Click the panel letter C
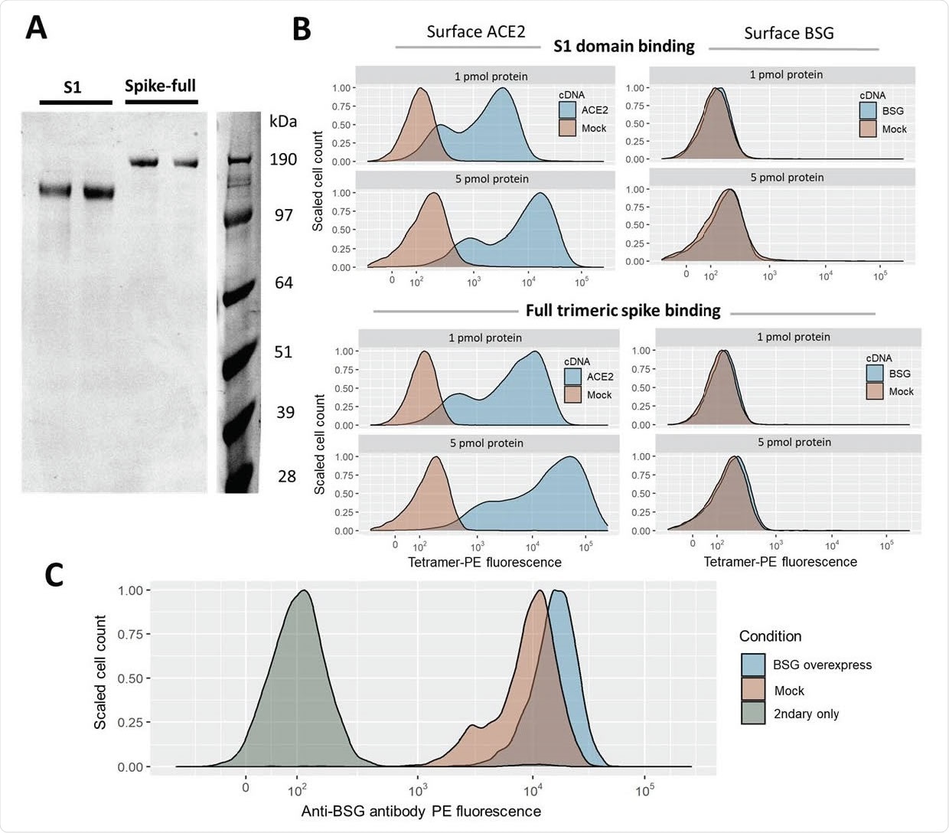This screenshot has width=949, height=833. [x=54, y=574]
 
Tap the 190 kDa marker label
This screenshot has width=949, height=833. [x=283, y=160]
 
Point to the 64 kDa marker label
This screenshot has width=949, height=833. [x=284, y=283]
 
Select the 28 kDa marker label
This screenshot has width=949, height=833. [x=287, y=477]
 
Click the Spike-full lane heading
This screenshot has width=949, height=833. [x=161, y=86]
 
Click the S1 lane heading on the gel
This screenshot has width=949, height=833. [x=73, y=87]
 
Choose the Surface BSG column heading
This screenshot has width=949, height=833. [x=789, y=34]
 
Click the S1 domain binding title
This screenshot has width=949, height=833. [x=624, y=47]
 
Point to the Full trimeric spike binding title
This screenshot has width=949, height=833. [x=623, y=311]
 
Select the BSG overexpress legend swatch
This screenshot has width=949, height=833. [x=753, y=665]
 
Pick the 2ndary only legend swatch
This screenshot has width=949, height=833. [x=753, y=714]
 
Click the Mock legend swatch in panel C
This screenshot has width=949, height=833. [x=753, y=690]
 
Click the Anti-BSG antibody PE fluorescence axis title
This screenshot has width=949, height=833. [x=421, y=812]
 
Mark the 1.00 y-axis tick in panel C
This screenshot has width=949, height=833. [x=130, y=590]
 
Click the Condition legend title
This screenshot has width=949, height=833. [x=770, y=636]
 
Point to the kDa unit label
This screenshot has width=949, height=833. [x=283, y=122]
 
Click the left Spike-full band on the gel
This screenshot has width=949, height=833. [x=144, y=162]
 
